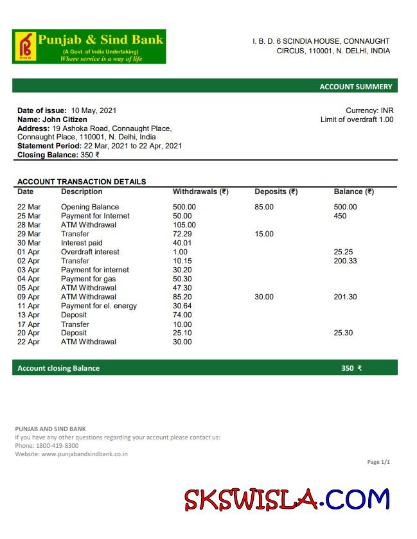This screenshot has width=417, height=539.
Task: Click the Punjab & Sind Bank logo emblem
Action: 25,46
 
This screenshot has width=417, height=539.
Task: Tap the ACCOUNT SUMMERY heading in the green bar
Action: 355,87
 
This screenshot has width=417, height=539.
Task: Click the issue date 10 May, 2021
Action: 94,110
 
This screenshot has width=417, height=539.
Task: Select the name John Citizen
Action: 65,119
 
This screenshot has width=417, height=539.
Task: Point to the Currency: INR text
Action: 369,110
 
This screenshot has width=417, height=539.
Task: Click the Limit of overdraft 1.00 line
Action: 357,119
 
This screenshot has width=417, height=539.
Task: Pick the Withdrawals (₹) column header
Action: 200,191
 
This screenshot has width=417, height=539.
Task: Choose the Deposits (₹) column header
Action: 276,191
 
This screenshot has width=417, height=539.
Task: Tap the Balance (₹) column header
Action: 353,191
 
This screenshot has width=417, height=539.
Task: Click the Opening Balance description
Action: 90,207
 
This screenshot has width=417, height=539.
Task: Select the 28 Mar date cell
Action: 29,225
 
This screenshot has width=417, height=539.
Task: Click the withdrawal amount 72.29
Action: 184,234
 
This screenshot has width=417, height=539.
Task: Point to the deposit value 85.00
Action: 264,207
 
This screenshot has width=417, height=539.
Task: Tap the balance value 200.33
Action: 346,261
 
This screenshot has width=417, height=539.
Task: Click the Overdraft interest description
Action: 90,252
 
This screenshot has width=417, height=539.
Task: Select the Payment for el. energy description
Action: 99,306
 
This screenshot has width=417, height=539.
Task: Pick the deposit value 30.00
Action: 264,297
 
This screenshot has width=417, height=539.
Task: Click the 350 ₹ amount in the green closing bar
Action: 351,368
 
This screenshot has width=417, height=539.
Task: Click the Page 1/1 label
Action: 378,462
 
